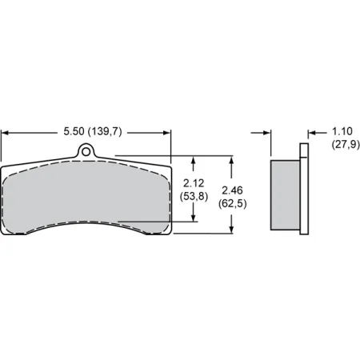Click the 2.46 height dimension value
tap(231, 190)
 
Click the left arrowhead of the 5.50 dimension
tap(6, 129)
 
